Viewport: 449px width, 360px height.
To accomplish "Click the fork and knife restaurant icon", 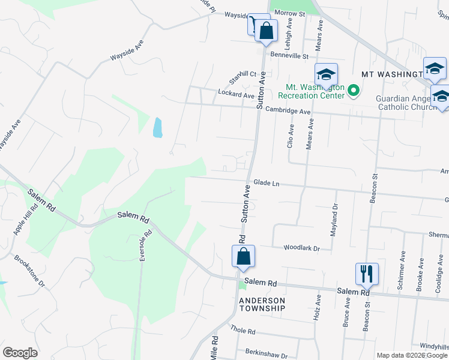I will pos(366,274).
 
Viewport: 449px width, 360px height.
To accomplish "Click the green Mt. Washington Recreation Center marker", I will pos(354,92).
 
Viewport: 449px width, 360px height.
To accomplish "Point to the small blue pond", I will pos(158,127).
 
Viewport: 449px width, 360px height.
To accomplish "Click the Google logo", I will pos(20,353).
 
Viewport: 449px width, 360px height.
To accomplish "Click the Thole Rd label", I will pos(243,331).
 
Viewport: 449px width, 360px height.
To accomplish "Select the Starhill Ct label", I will pos(243,77).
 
